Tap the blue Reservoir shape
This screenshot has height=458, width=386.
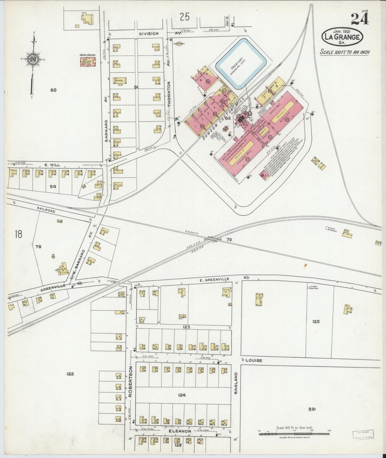pos(241,63)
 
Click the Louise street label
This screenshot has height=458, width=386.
pos(254,360)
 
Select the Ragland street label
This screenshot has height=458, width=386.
pos(236,382)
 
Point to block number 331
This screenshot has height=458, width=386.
pos(312,409)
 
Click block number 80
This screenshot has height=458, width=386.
pos(53,90)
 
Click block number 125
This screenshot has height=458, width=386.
pos(316,322)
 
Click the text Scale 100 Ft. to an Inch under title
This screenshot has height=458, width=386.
pos(345,52)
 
